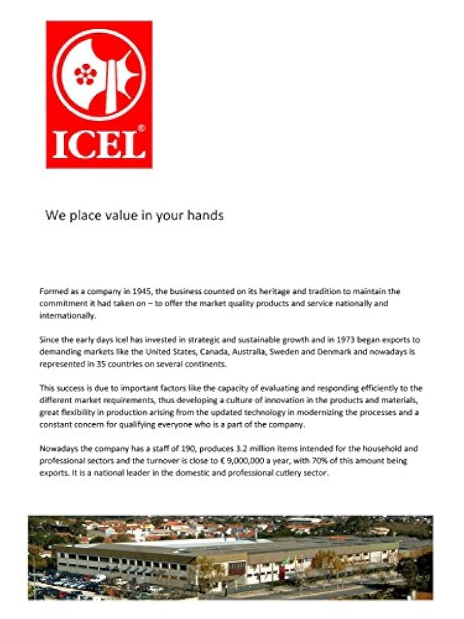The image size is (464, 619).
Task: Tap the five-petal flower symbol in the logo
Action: click(x=85, y=74)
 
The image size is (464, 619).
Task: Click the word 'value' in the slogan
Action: click(x=116, y=216)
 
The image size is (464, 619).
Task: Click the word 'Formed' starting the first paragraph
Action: click(x=53, y=291)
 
